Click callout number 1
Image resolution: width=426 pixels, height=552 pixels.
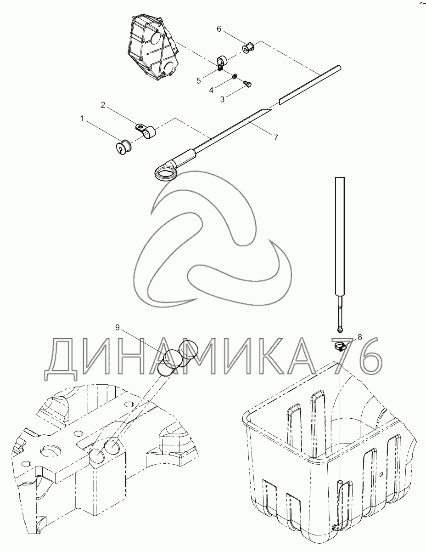pyautogui.click(x=82, y=119)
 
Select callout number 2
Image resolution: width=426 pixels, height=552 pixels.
pyautogui.click(x=103, y=105)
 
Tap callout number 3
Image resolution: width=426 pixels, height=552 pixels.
pyautogui.click(x=222, y=99)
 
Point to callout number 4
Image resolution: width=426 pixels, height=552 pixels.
pyautogui.click(x=211, y=90)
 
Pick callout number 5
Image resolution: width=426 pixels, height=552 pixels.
pyautogui.click(x=198, y=81)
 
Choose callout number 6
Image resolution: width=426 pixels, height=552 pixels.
pyautogui.click(x=219, y=29)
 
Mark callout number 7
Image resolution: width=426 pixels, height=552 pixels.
pyautogui.click(x=276, y=137)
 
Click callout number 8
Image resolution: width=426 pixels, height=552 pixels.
pyautogui.click(x=359, y=337)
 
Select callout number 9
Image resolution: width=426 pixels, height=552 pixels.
pyautogui.click(x=117, y=328)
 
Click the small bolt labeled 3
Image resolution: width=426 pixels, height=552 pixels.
pyautogui.click(x=247, y=84)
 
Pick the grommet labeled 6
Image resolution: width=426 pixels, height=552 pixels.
pyautogui.click(x=249, y=47)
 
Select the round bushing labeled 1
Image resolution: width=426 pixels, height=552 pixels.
pyautogui.click(x=123, y=147)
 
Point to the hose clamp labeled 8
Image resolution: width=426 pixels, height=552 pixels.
pyautogui.click(x=340, y=347)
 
